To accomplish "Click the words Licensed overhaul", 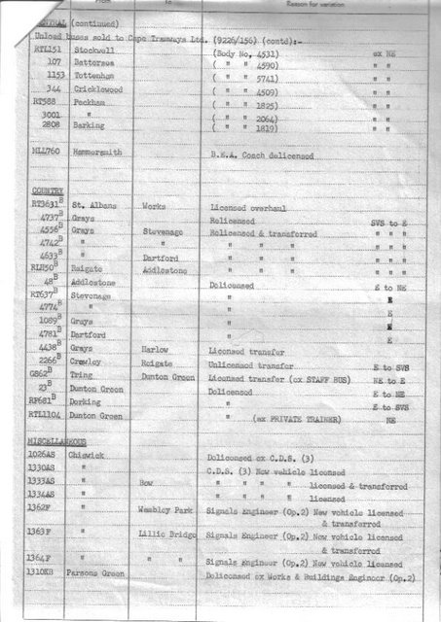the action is (x=250, y=208).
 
